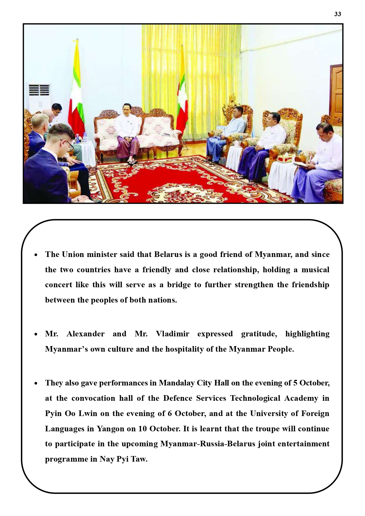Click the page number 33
pyautogui.click(x=337, y=14)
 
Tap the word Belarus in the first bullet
pyautogui.click(x=168, y=254)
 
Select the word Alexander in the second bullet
pyautogui.click(x=85, y=334)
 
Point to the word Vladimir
pyautogui.click(x=172, y=334)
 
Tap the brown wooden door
pyautogui.click(x=336, y=91)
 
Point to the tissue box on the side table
pyautogui.click(x=284, y=159)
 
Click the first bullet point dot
pyautogui.click(x=36, y=255)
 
